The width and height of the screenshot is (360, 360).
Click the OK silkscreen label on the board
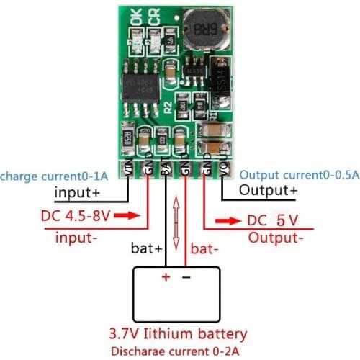pyautogui.click(x=137, y=16)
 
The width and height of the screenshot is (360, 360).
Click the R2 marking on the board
pyautogui.click(x=168, y=108)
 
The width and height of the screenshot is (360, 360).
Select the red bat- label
pyautogui.click(x=204, y=249)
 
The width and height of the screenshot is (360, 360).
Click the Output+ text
pyautogui.click(x=268, y=191)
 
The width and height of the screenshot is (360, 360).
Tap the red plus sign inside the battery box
pyautogui.click(x=166, y=277)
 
